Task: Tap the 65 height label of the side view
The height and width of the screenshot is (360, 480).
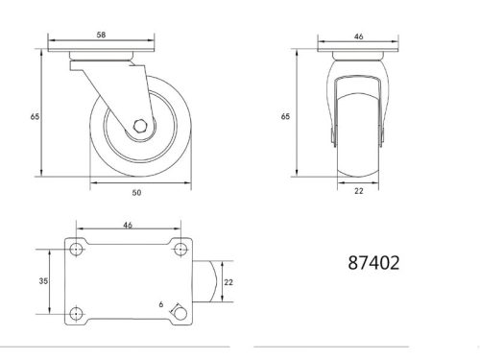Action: pyautogui.click(x=36, y=116)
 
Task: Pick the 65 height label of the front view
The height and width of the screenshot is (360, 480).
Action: pyautogui.click(x=285, y=116)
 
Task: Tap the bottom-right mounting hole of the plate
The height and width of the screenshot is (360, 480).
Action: pyautogui.click(x=178, y=312)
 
